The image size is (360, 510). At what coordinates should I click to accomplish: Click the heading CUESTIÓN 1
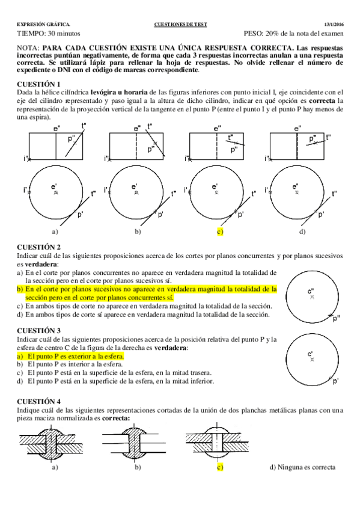pos(38,83)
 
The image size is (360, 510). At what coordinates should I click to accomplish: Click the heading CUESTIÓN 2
pos(38,247)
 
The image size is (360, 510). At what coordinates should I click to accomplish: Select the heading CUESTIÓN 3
pos(38,331)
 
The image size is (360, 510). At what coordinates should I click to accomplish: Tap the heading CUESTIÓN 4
pos(38,401)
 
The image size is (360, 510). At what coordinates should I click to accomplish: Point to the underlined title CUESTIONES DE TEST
pos(180,24)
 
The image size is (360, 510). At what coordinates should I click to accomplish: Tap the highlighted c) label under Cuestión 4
pos(220,467)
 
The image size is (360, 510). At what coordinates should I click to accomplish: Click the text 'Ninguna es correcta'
pos(307,467)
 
